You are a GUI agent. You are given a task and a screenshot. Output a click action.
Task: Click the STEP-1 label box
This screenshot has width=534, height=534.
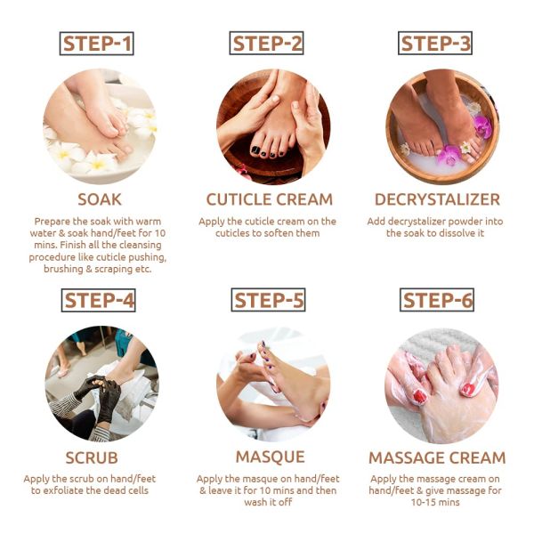(x=98, y=44)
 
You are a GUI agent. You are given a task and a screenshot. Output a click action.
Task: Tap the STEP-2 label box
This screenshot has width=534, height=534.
(x=267, y=44)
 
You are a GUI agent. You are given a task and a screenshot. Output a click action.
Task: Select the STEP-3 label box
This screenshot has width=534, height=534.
(x=436, y=44)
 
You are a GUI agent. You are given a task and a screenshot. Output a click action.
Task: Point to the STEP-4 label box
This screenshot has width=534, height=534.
(x=98, y=300)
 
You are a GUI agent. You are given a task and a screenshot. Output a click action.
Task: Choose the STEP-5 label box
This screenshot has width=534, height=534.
(x=267, y=300)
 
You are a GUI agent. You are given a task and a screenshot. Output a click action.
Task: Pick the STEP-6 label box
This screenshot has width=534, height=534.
(x=436, y=300)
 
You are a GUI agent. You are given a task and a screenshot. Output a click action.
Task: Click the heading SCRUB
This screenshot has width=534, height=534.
(x=98, y=457)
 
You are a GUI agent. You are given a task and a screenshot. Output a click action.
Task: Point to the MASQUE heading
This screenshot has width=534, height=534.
(x=267, y=457)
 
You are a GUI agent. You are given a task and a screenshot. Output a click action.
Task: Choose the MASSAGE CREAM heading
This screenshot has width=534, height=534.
(x=436, y=457)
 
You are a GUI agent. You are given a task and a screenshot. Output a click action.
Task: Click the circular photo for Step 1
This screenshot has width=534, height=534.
(x=98, y=126)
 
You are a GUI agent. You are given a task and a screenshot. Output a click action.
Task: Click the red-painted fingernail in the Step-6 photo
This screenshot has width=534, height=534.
(x=468, y=389)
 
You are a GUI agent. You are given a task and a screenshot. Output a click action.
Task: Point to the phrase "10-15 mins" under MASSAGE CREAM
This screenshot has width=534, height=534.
(x=436, y=502)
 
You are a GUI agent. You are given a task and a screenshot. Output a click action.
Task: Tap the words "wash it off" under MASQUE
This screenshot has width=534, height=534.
(x=267, y=502)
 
